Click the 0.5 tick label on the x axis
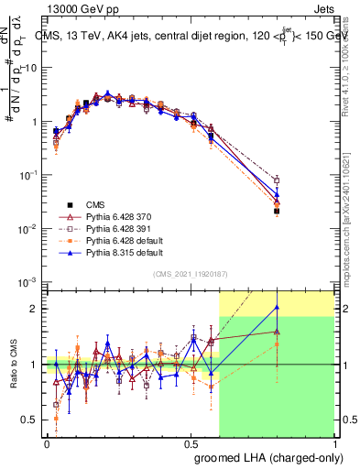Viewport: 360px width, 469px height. point(191,442)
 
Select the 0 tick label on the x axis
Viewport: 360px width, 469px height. point(47,442)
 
